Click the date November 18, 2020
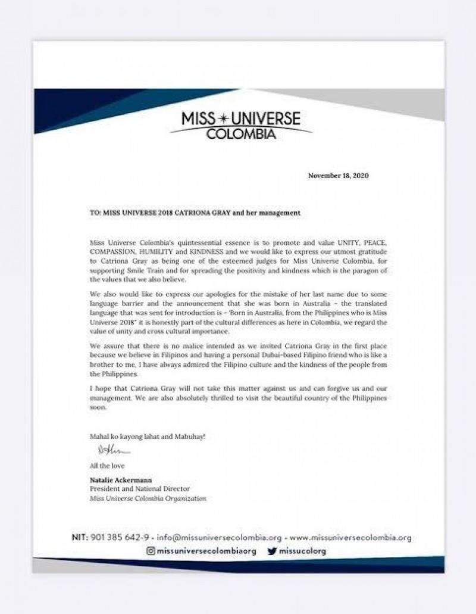(339, 175)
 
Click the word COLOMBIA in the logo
(241, 134)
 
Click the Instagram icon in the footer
(151, 551)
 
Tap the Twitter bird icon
(271, 551)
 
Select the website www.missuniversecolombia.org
(350, 538)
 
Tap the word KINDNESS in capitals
(222, 251)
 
